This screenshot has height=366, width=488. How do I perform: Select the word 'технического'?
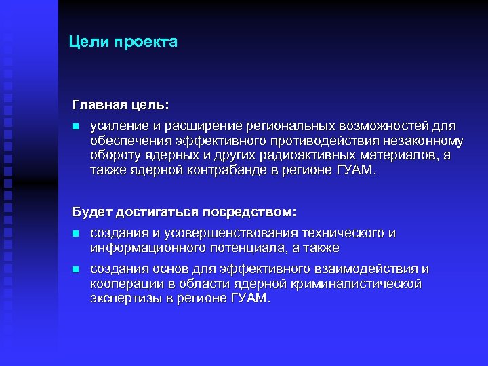pos(343,233)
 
